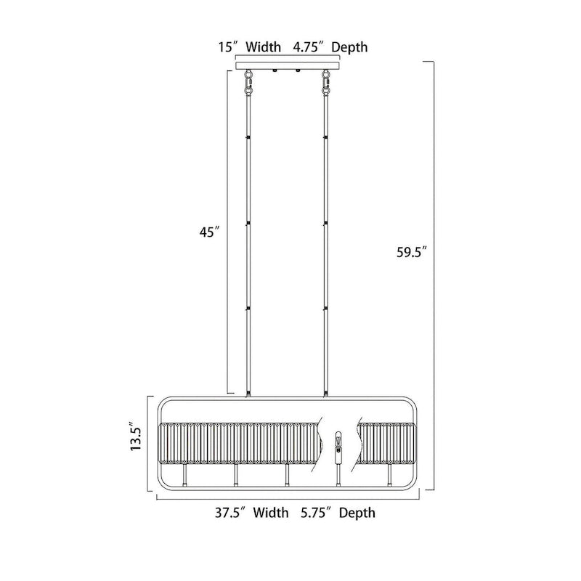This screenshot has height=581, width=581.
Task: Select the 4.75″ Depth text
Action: [330, 48]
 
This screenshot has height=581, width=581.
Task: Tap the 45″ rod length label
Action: [208, 232]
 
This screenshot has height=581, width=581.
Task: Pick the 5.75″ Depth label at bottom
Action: [337, 513]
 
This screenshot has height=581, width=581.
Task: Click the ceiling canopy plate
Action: [288, 65]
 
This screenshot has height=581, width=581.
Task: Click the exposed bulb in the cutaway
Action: [338, 444]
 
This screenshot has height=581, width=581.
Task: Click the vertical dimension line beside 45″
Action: [229, 232]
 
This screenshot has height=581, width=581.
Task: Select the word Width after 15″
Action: [263, 48]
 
